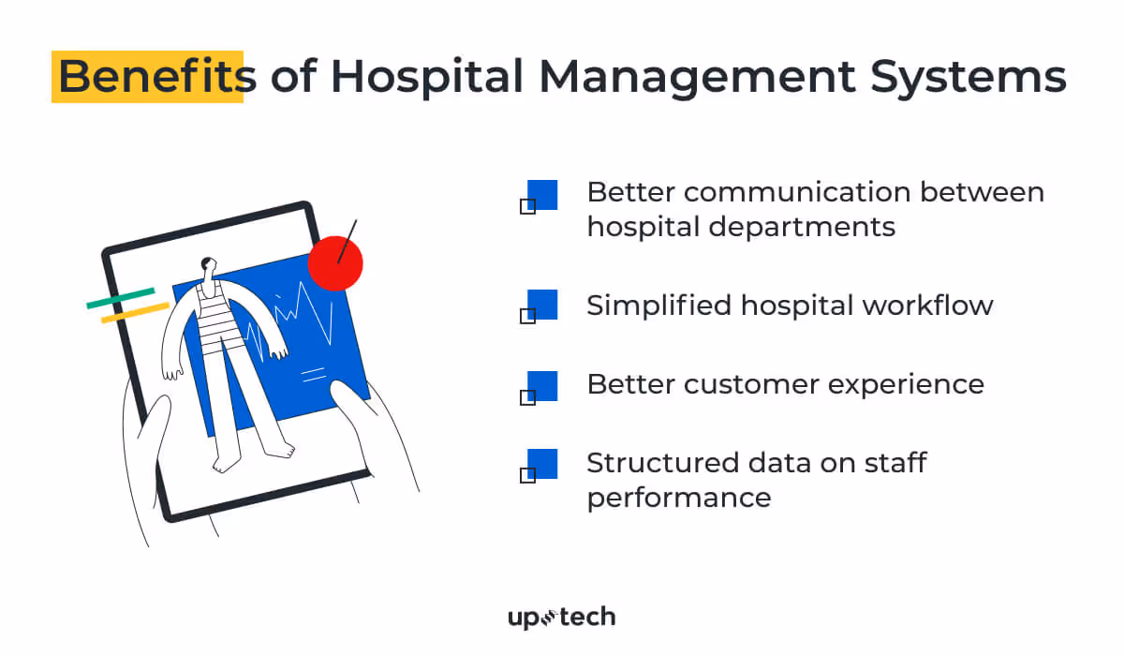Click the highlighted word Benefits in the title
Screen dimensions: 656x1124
150,77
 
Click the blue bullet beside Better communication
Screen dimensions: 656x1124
542,195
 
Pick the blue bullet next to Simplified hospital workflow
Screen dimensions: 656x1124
542,305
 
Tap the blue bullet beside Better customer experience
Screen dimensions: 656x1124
542,385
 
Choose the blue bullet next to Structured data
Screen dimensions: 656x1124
542,464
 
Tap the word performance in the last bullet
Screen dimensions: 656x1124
679,497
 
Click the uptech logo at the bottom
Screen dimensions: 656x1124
561,617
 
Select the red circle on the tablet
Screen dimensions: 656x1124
334,263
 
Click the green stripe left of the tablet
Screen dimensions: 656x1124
120,298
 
